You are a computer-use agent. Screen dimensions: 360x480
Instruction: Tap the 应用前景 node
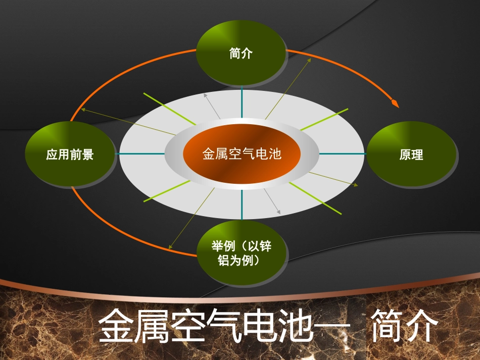click(70, 154)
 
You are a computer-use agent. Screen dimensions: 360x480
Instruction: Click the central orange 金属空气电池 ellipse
click(242, 153)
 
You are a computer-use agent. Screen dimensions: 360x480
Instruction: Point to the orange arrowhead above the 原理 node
click(395, 104)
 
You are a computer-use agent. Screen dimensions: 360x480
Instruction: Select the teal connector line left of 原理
click(341, 153)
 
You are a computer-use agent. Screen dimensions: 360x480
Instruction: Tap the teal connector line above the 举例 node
click(242, 204)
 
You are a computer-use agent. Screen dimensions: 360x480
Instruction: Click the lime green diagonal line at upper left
click(169, 109)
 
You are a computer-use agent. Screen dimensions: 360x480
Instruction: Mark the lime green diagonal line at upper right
click(324, 119)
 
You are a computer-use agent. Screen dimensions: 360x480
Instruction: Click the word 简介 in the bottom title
click(404, 327)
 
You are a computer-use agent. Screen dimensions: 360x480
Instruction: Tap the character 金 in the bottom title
click(115, 327)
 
